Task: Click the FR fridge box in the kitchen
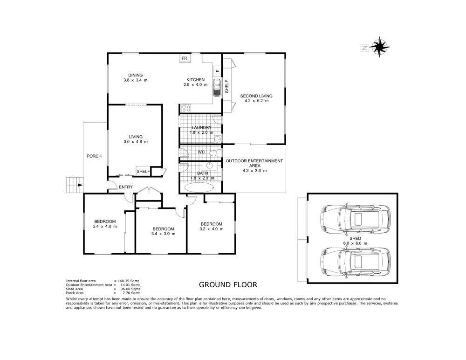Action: (x=185, y=58)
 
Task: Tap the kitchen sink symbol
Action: (x=217, y=88)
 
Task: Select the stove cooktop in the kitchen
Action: (x=186, y=108)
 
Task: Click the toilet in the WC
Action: (x=215, y=153)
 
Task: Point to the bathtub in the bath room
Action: (x=199, y=187)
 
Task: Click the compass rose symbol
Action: (x=379, y=47)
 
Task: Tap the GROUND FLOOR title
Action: (x=228, y=285)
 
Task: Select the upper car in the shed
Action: (x=355, y=220)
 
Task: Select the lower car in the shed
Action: (x=355, y=262)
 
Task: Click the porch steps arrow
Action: (x=79, y=185)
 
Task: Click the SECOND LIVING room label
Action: (x=256, y=96)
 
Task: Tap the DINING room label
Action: (x=136, y=75)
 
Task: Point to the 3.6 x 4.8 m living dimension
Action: (x=136, y=142)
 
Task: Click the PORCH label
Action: (x=94, y=156)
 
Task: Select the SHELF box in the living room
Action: (x=143, y=171)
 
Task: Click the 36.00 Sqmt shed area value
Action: (x=130, y=289)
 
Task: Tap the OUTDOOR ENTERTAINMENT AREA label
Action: (x=254, y=163)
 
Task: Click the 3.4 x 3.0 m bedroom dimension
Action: (x=163, y=234)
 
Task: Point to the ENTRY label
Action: (x=126, y=187)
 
